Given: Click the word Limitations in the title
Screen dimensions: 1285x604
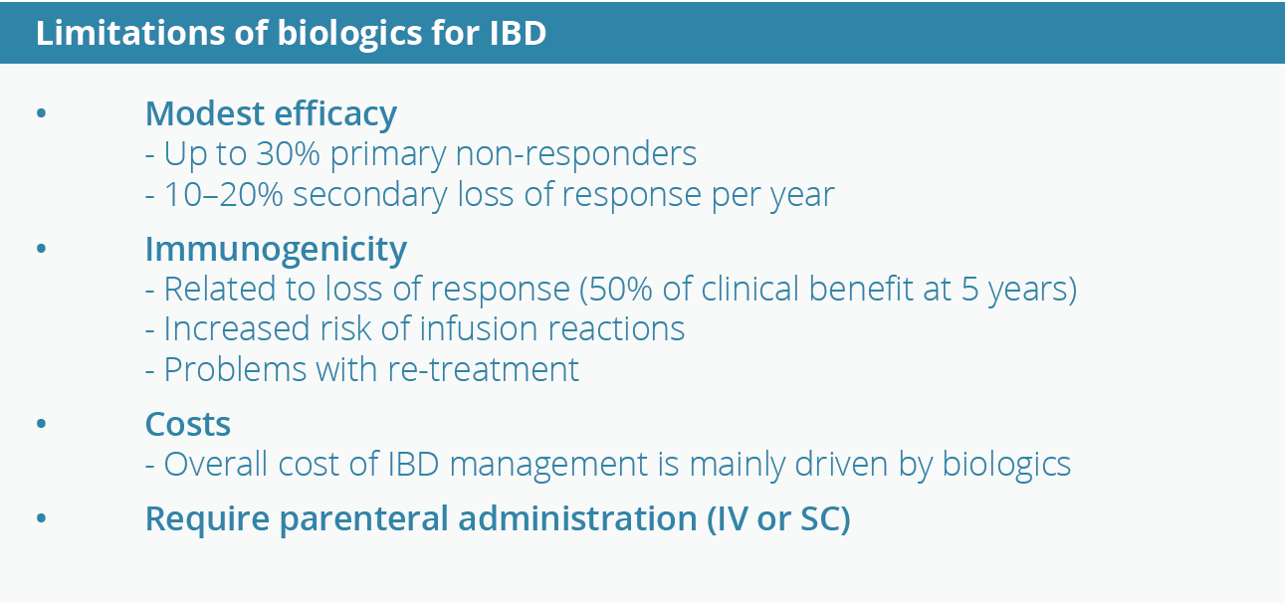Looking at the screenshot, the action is (x=130, y=32).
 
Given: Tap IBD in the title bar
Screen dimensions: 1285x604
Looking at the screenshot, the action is (x=518, y=32).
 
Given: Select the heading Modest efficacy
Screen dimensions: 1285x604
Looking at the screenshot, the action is (x=271, y=114).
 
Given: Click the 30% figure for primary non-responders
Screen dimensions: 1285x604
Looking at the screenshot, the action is (x=288, y=153).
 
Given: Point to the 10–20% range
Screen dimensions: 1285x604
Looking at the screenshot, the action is (x=224, y=194).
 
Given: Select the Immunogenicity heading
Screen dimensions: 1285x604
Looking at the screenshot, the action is (x=276, y=250).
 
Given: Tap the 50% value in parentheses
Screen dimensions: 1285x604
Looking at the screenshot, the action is (x=620, y=289).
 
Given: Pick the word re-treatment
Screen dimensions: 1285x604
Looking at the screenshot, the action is (x=483, y=369).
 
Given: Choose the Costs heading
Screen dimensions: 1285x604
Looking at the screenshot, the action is (x=188, y=425).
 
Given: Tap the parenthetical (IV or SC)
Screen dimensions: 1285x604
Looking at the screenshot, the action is (x=778, y=519).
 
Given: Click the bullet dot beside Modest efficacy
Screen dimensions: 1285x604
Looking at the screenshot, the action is (x=41, y=112).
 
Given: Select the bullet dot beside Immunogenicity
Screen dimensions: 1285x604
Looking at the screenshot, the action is (x=41, y=249).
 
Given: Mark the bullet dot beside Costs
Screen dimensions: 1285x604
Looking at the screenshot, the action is (x=41, y=423).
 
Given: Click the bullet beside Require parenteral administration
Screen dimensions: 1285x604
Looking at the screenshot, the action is (x=41, y=518).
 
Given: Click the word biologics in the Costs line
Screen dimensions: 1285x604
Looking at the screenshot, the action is (x=1006, y=465).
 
